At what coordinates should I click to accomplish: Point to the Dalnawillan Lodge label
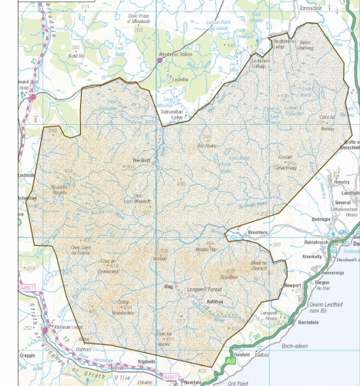click(172, 116)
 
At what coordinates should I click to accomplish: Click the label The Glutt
click(143, 160)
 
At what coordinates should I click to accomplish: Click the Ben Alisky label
click(208, 144)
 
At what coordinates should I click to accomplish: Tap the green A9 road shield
click(230, 361)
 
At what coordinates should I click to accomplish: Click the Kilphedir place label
click(148, 361)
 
